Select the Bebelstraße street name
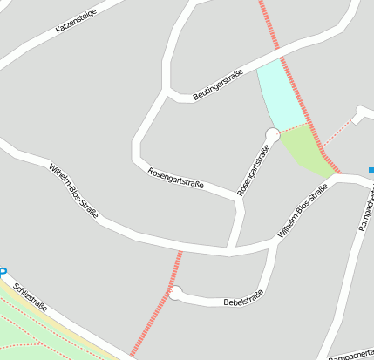pos(243,301)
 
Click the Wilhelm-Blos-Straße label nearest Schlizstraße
pos(73,190)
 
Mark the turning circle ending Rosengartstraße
pos(273,134)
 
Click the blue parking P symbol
pos(3,272)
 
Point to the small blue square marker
pos(371,169)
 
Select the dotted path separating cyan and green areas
pos(295,130)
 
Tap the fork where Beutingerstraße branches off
pos(166,90)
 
